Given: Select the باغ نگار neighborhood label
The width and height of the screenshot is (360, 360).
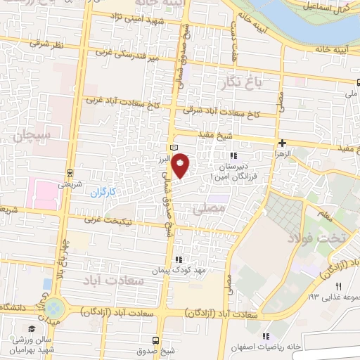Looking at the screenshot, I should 241,82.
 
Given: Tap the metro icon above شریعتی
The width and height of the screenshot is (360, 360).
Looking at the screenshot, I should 71,171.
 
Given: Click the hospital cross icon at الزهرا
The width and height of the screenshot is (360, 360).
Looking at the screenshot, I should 282,142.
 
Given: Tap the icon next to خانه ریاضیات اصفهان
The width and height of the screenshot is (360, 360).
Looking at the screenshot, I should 265,335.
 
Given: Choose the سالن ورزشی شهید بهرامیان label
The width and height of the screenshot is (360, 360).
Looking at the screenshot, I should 32,345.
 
